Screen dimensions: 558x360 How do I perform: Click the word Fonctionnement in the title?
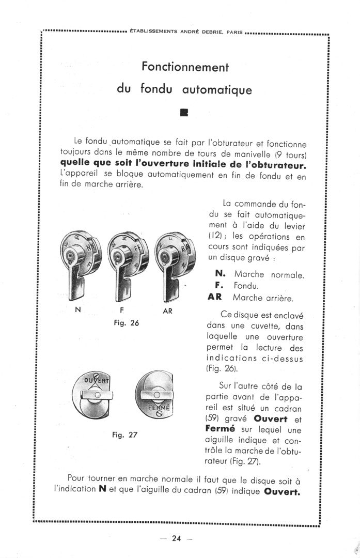pyautogui.click(x=185, y=67)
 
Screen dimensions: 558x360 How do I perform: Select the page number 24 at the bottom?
pyautogui.click(x=176, y=539)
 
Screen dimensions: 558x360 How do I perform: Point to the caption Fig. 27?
pyautogui.click(x=124, y=435)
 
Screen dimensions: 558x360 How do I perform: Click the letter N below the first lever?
pyautogui.click(x=77, y=312)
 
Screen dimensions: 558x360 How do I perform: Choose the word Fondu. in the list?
pyautogui.click(x=246, y=286)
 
